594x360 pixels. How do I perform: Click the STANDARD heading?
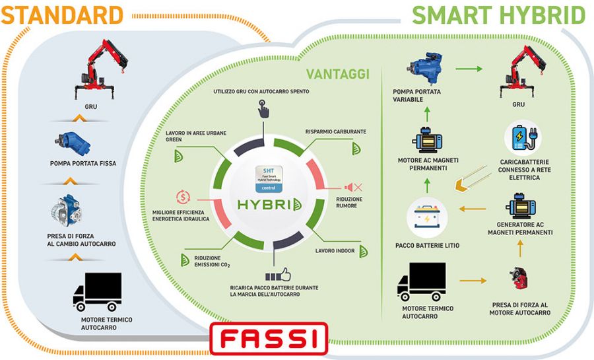[62, 14]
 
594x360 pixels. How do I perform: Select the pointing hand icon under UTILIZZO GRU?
[264, 108]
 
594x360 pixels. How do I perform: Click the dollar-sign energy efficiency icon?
[183, 196]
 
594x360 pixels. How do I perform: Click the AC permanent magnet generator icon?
[519, 207]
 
